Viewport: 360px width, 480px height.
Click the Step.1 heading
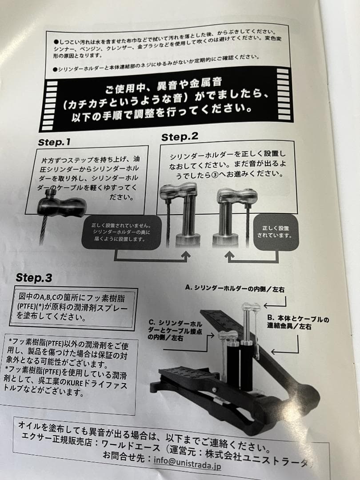click(54, 143)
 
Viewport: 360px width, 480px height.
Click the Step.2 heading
click(180, 137)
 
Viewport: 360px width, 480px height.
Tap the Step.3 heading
click(34, 278)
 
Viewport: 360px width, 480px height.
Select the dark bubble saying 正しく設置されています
click(275, 231)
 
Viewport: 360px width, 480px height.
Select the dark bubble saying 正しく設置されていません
click(120, 232)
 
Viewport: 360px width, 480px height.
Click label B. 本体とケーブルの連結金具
click(298, 323)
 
